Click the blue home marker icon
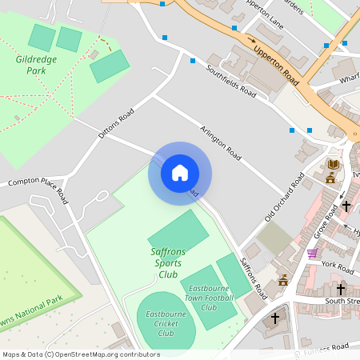pos(180,173)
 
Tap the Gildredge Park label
pos(30,65)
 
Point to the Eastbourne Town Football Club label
pos(208,298)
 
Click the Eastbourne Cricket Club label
pos(166,323)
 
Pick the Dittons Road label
pos(114,125)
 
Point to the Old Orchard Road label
pos(286,201)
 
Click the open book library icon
pos(333,164)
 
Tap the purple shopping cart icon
pos(311,253)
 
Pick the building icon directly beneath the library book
pos(330,178)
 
